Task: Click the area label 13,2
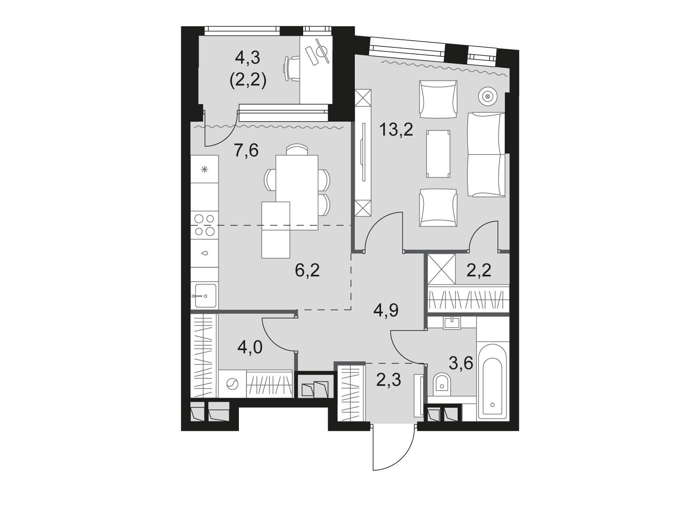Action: tap(396, 130)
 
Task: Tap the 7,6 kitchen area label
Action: tap(246, 150)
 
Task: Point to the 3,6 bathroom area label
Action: tap(461, 363)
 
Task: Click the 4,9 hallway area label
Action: tap(386, 310)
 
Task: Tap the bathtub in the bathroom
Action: tap(492, 382)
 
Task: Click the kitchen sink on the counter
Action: tap(204, 295)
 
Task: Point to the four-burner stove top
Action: tap(204, 225)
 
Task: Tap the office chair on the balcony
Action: tap(292, 69)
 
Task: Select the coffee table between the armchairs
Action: tap(438, 154)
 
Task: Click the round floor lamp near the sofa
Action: tap(487, 96)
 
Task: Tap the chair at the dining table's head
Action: tap(297, 150)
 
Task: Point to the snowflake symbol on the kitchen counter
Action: tap(204, 170)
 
